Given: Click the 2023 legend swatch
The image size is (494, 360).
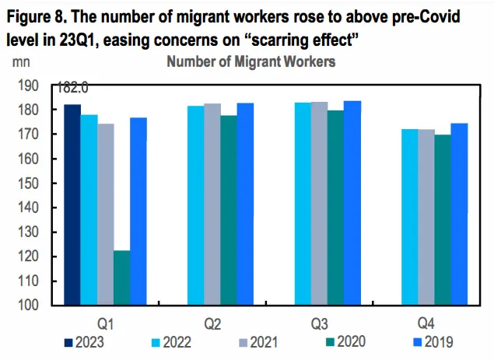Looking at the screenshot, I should [x=68, y=341].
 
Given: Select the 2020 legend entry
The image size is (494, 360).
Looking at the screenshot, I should [x=343, y=341].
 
